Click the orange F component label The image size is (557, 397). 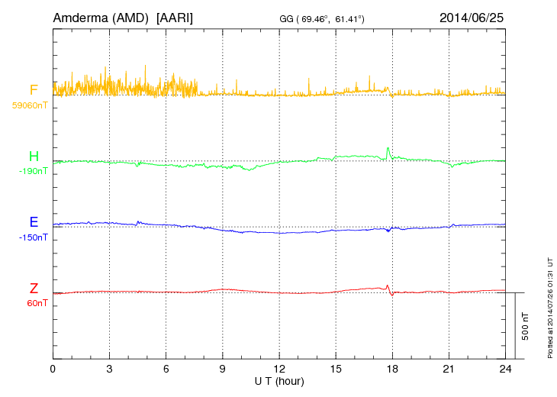(34, 91)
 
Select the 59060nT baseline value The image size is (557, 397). (29, 105)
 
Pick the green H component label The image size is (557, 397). (34, 157)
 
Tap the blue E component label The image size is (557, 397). (34, 223)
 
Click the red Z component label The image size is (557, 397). (34, 289)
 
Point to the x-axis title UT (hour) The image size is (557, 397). (279, 381)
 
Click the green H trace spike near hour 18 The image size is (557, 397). (388, 150)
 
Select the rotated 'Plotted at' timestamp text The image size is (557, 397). (549, 305)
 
